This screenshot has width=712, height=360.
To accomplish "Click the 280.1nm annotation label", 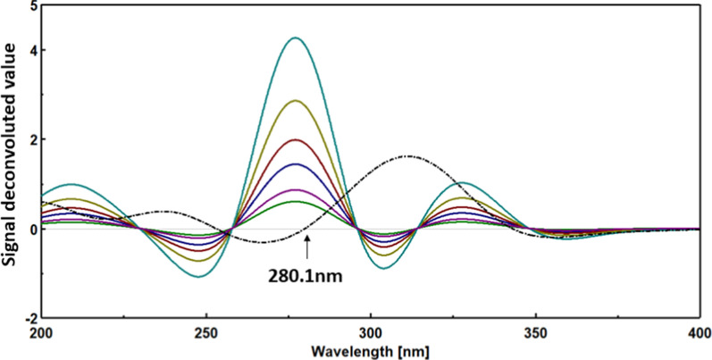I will point(306,277).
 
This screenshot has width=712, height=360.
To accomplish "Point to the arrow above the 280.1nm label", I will point(306,249).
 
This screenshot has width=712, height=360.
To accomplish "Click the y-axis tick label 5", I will point(33,7).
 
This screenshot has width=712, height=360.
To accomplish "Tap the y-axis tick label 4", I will point(33,50).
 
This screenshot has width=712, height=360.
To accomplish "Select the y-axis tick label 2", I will point(33,139).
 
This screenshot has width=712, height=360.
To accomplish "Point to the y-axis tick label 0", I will point(33,229).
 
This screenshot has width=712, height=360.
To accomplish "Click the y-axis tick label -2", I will point(30,318).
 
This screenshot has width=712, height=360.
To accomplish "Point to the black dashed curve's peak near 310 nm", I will point(408,156).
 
